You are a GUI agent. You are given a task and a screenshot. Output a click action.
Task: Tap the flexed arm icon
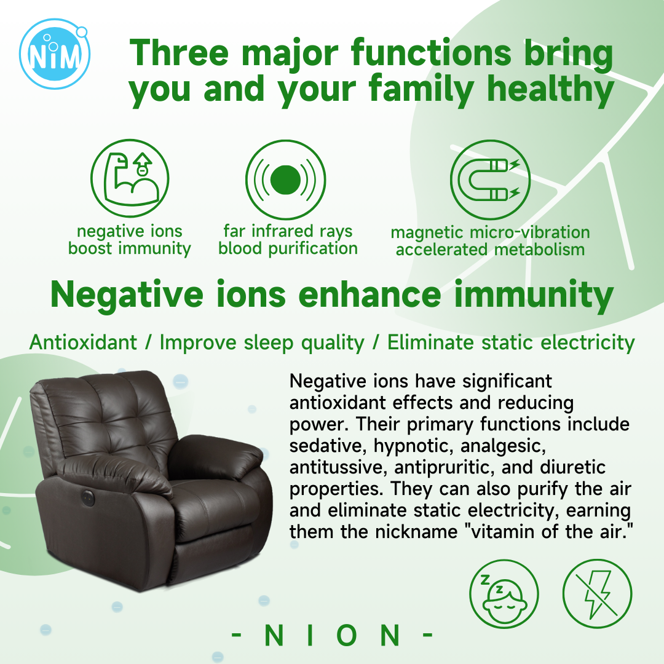coord(130,178)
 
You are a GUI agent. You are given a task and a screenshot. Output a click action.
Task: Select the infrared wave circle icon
coord(285,180)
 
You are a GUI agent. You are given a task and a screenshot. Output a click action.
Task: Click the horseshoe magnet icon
coord(490,180)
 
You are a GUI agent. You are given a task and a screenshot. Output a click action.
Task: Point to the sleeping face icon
coord(504,594)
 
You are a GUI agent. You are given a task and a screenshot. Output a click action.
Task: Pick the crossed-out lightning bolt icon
coord(597,594)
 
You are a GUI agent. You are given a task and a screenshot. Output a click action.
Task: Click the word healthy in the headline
coord(550,90)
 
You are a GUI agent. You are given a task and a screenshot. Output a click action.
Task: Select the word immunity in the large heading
coord(534,296)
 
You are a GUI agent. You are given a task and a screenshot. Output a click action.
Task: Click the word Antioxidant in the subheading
coord(84,342)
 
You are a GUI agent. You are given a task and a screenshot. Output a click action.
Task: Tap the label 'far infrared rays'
coord(288,231)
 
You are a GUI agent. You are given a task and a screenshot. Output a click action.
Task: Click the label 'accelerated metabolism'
coord(491,250)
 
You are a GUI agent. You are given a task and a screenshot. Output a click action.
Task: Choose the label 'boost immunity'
coord(130,248)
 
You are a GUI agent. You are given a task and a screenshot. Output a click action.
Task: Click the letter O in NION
coord(347,635)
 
